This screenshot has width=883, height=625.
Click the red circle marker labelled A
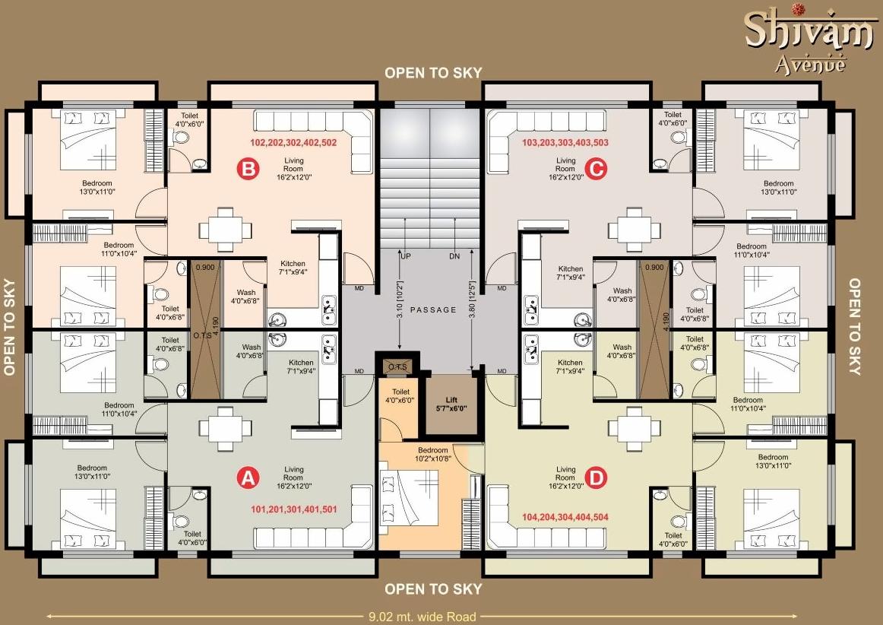pos(246,477)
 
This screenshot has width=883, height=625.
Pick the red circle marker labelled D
pos(597,477)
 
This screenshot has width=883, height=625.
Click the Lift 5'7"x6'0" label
pos(452,403)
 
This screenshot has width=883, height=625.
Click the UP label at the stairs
pos(406,257)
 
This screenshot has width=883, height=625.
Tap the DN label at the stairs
pos(454,257)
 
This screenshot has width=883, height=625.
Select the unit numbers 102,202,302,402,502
pos(293,142)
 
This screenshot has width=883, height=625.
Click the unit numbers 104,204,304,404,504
pos(565,517)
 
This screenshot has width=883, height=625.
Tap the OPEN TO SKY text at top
pos(432,73)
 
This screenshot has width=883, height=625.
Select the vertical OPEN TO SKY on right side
pos(854,327)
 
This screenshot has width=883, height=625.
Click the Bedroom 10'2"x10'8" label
pos(433,454)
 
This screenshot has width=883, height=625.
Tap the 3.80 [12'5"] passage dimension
pos(472,309)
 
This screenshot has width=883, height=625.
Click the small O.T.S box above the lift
pos(397,366)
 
